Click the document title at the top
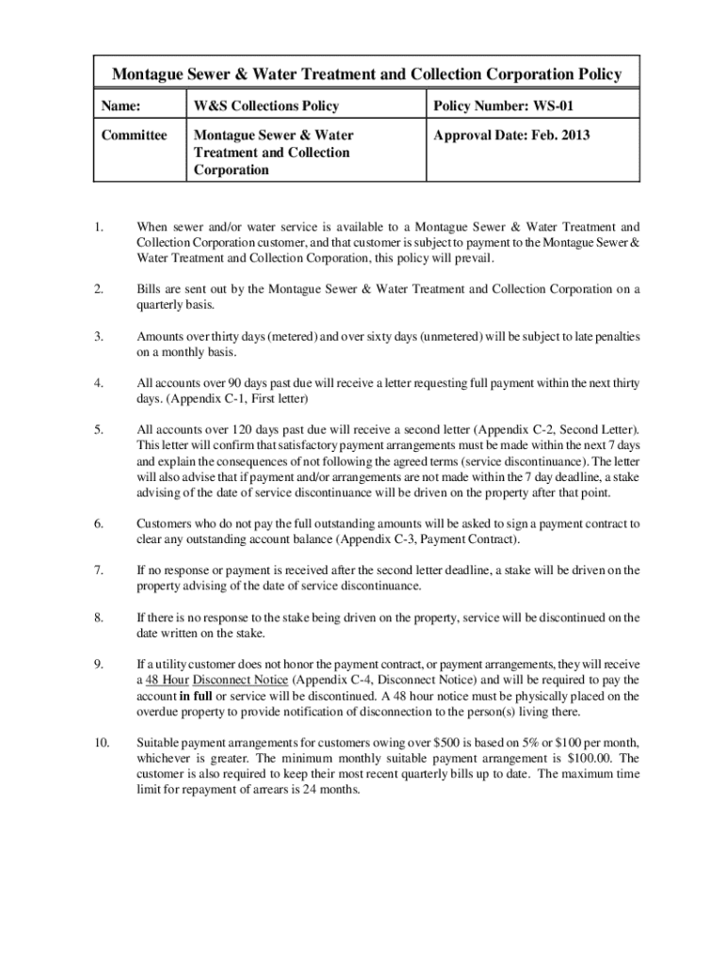click(x=367, y=74)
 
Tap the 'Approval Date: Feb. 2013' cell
click(x=511, y=135)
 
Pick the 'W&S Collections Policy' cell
click(x=266, y=106)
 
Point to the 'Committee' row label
click(x=135, y=135)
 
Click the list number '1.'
click(x=98, y=227)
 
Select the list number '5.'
click(x=98, y=430)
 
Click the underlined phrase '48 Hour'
click(x=162, y=680)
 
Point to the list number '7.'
click(x=98, y=570)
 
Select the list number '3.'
click(x=98, y=336)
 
